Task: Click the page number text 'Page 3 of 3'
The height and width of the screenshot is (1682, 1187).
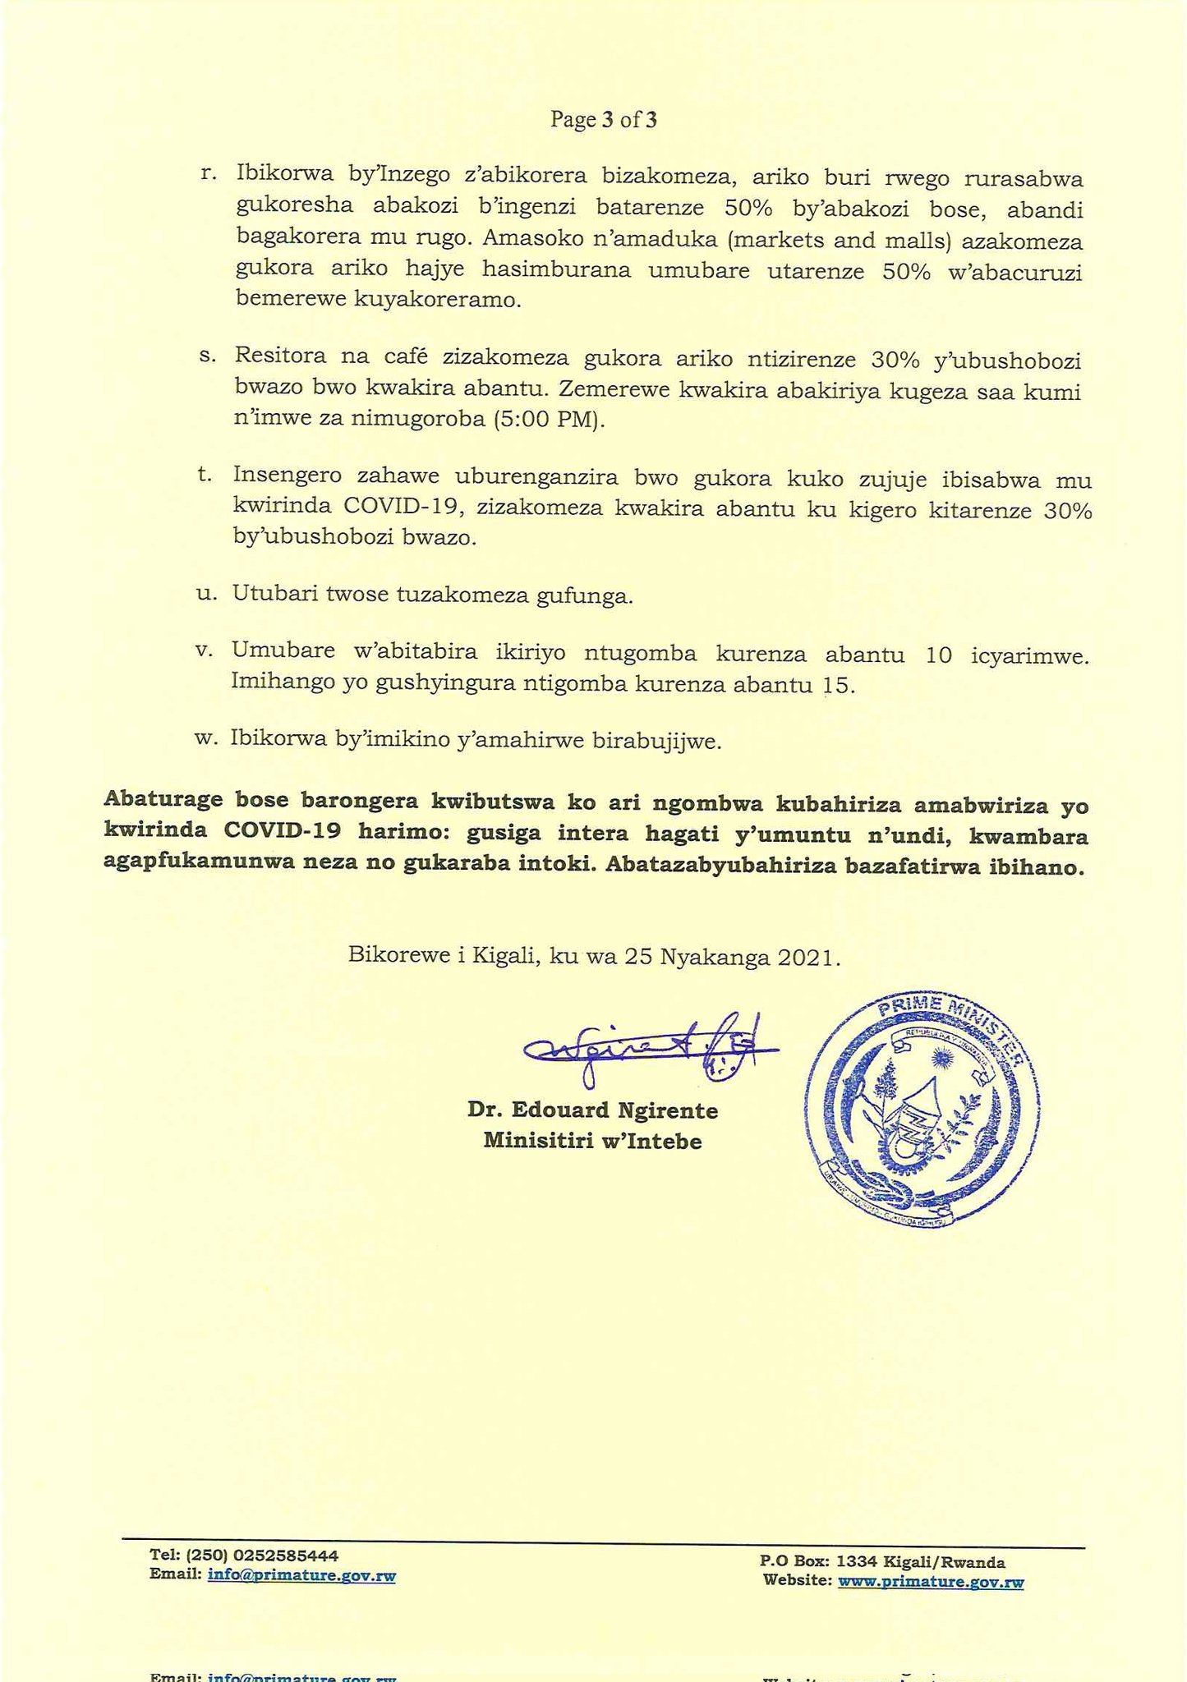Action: (603, 121)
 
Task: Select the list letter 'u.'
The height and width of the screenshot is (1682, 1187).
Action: (207, 595)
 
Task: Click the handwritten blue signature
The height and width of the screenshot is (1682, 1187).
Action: (649, 1047)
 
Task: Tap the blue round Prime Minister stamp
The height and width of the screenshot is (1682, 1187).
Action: (920, 1113)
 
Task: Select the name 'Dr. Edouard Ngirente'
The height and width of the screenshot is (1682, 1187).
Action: (592, 1110)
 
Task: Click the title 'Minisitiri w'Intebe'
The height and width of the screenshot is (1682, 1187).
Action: (592, 1141)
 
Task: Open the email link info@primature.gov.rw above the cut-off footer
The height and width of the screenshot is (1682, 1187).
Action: (301, 1575)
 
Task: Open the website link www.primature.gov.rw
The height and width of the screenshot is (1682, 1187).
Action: (931, 1582)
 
